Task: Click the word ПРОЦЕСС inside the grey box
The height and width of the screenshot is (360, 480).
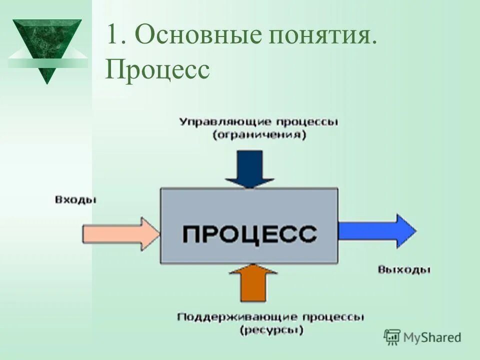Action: [x=249, y=233]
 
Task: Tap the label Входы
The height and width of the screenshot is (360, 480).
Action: [x=75, y=200]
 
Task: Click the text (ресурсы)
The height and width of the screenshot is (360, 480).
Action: [x=270, y=330]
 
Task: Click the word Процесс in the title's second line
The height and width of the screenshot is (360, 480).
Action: [x=157, y=70]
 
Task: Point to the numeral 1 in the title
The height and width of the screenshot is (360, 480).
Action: [x=112, y=37]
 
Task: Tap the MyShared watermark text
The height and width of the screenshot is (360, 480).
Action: [x=432, y=337]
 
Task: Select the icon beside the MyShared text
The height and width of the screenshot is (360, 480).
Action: [x=392, y=337]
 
